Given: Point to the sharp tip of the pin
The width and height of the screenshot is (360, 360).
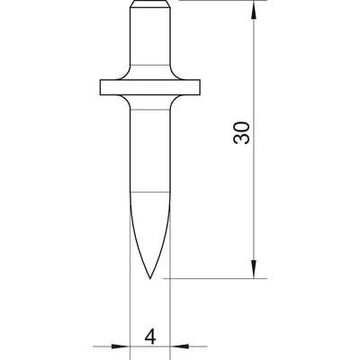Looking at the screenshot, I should click(x=149, y=278).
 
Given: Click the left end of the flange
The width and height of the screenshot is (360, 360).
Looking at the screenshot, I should click(x=102, y=88).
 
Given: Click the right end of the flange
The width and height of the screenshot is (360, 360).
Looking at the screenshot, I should click(x=198, y=88).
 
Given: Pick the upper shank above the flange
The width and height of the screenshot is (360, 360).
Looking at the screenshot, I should click(x=149, y=45).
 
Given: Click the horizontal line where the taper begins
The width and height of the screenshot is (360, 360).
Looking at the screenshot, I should click(x=149, y=193).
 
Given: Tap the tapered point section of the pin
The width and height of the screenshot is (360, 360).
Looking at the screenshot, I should click(x=149, y=234).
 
